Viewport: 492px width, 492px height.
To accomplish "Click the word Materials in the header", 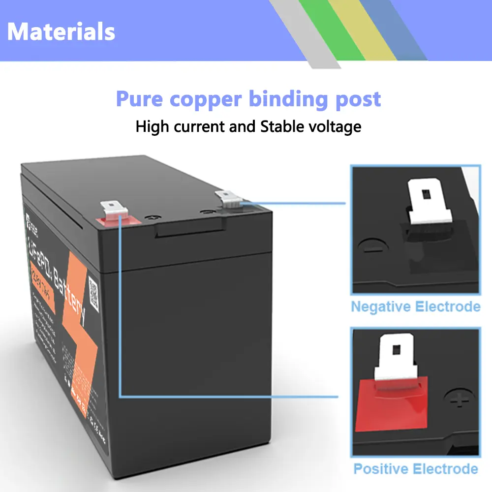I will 61,31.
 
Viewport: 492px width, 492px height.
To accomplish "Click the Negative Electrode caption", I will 415,307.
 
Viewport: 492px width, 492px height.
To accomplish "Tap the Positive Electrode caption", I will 415,469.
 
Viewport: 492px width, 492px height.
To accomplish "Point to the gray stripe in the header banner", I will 300,30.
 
